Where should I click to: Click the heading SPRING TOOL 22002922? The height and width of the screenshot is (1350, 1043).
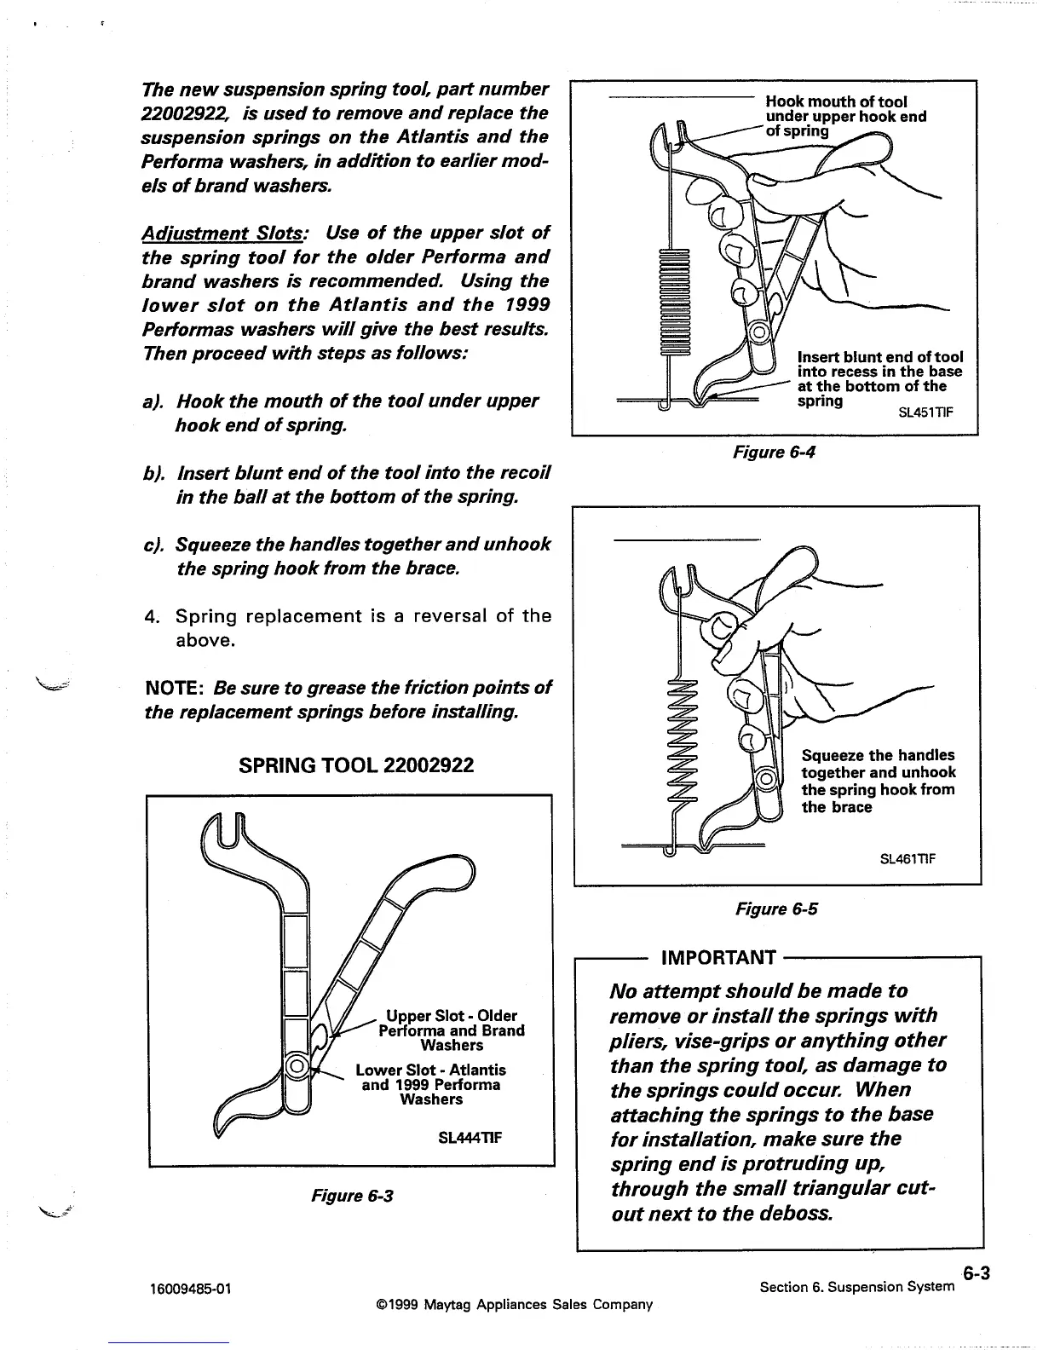(356, 765)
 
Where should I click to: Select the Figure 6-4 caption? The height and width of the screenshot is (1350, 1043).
(774, 452)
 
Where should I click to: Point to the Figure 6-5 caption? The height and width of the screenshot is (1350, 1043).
(775, 909)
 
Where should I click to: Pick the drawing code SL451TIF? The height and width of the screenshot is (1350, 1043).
(925, 413)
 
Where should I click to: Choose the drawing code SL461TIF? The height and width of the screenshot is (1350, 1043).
(908, 858)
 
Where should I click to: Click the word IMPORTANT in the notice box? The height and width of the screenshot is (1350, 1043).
(718, 958)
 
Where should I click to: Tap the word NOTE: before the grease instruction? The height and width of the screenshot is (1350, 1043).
(176, 687)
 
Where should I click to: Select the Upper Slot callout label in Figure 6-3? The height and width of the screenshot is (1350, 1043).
(451, 1030)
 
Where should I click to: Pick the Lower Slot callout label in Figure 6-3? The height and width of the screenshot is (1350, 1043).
(431, 1084)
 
